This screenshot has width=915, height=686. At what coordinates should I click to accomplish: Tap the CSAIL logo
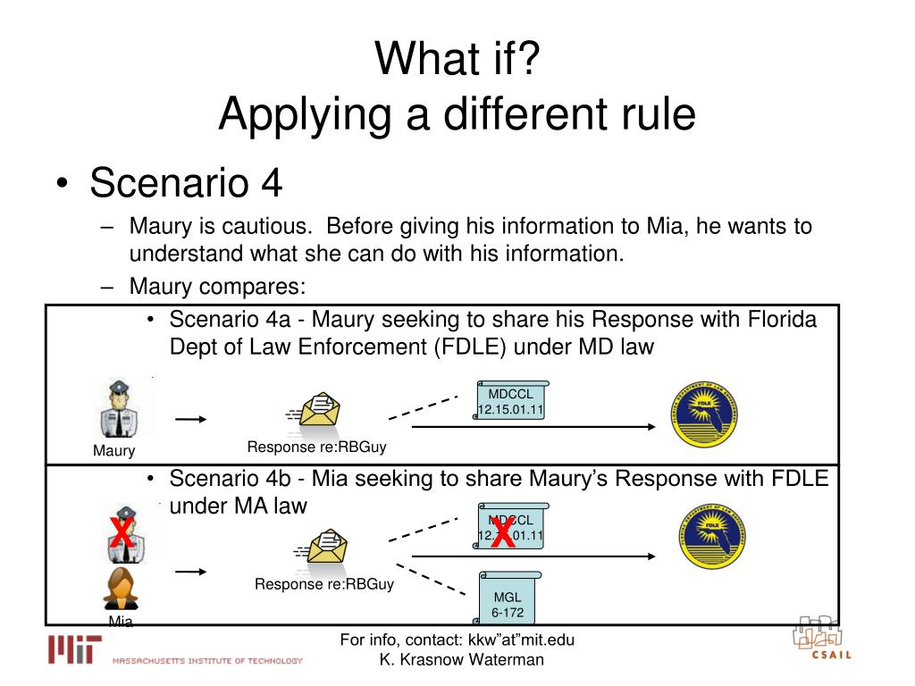click(820, 639)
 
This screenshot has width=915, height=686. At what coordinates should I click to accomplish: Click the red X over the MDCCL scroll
click(503, 533)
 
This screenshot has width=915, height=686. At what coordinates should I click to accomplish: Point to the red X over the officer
click(122, 533)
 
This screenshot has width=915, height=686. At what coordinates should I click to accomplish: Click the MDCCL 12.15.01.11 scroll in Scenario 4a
click(510, 402)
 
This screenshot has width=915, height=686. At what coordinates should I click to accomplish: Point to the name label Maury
click(113, 451)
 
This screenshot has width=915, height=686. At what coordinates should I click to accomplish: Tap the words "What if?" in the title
click(457, 59)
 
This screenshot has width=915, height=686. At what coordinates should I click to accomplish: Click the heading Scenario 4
click(186, 182)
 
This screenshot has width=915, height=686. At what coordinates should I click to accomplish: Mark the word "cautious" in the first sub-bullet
click(258, 226)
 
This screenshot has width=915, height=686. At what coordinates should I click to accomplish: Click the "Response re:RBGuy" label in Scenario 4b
click(323, 585)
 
